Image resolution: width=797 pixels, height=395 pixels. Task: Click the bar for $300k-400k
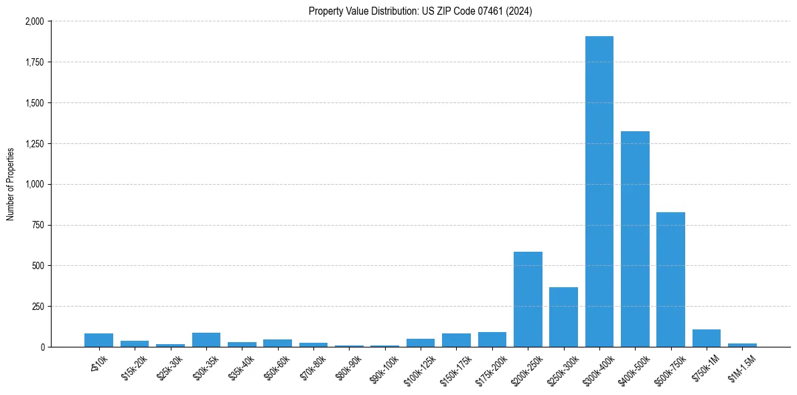tap(599, 191)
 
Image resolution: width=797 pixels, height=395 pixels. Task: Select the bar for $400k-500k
tap(635, 239)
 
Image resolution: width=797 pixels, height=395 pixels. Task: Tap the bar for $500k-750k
tap(670, 280)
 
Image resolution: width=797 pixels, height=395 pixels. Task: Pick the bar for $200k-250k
tap(528, 299)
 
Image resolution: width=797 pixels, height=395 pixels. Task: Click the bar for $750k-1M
tap(706, 338)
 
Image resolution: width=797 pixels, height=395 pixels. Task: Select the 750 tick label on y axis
tap(38, 226)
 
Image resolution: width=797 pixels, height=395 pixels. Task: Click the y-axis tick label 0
tap(42, 347)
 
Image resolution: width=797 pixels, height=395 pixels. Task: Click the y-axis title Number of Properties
tap(11, 184)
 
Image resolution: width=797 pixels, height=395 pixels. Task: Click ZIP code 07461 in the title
tap(468, 11)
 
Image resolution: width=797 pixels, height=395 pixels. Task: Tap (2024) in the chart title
tap(520, 11)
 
